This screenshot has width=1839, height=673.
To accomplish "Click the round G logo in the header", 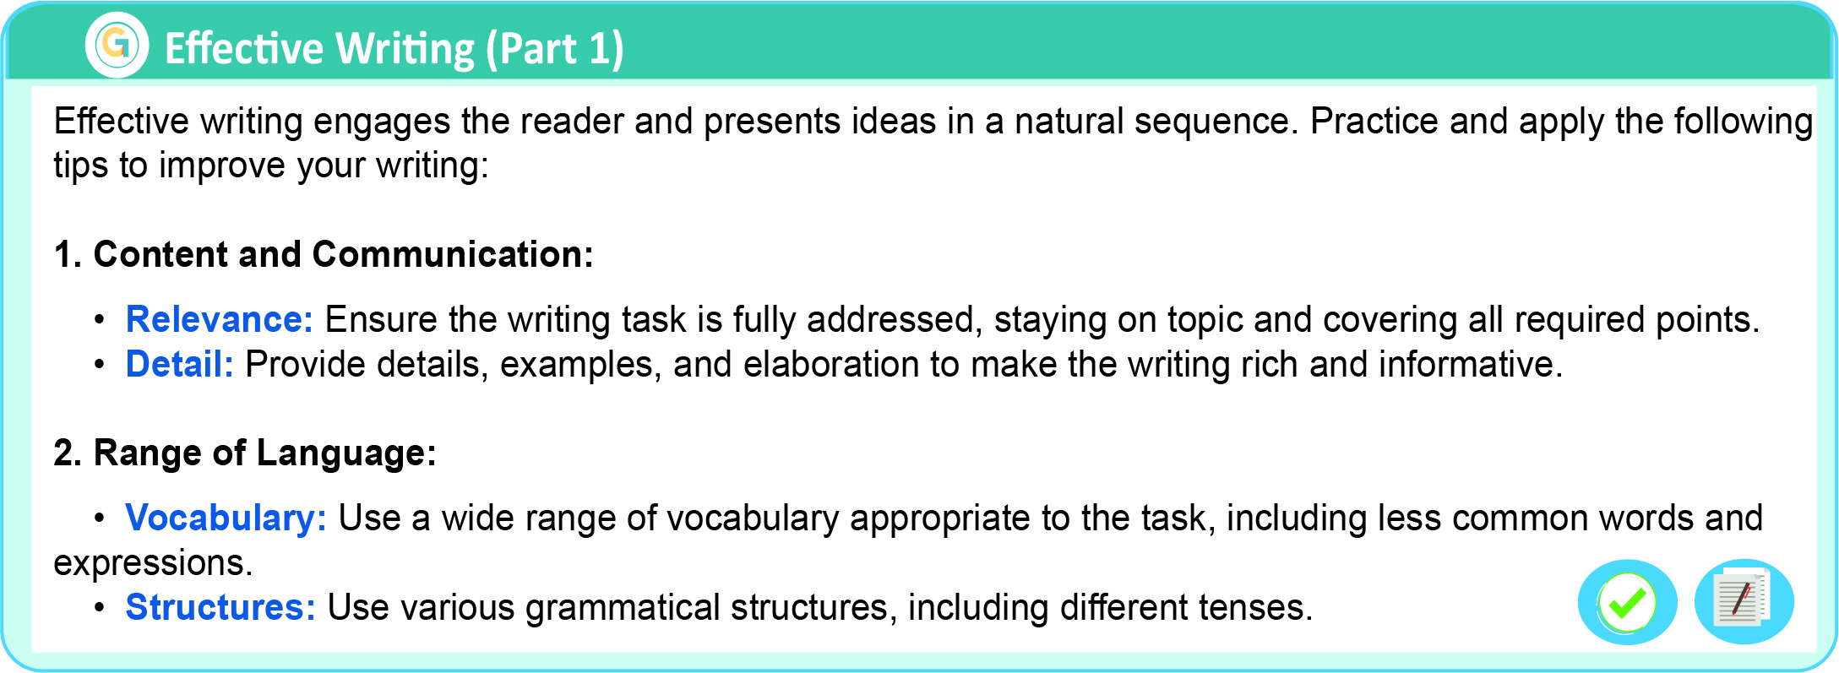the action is [x=117, y=45].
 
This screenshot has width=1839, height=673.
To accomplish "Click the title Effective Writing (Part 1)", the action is [x=394, y=48].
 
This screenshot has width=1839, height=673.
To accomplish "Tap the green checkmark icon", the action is [x=1627, y=602].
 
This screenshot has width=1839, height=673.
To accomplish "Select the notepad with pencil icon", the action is [x=1744, y=601].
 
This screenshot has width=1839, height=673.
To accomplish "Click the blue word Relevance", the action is [x=219, y=319].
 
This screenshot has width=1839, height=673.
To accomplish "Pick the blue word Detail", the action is [x=179, y=364].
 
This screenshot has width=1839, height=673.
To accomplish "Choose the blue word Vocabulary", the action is [x=226, y=518].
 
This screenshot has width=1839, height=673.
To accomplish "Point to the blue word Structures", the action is [x=220, y=607].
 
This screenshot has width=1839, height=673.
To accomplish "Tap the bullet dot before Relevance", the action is [x=100, y=321].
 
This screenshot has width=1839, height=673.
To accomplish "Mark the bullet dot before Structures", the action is [x=100, y=609].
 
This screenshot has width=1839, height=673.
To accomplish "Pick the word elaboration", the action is [x=831, y=364].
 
